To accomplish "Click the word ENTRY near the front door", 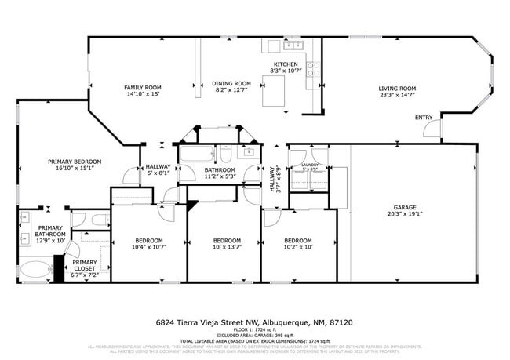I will pyautogui.click(x=424, y=118).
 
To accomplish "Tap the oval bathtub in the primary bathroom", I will pyautogui.click(x=34, y=271).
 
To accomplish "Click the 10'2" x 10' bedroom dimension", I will pyautogui.click(x=298, y=247).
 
